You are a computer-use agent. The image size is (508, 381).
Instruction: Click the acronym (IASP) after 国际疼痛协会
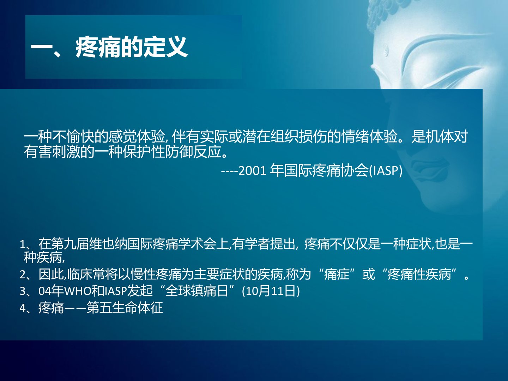click(x=386, y=171)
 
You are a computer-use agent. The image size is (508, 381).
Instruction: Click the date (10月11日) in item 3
click(x=271, y=291)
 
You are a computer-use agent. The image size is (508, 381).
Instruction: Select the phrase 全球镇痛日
click(x=197, y=291)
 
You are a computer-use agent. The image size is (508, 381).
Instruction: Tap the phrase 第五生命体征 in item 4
click(x=125, y=308)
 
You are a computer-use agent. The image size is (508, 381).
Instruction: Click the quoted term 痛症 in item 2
click(x=337, y=274)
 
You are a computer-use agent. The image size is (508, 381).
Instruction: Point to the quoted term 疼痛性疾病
click(x=419, y=274)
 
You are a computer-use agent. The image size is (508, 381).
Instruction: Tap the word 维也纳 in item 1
click(x=108, y=244)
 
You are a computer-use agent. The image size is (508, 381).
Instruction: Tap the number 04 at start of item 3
click(x=44, y=291)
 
